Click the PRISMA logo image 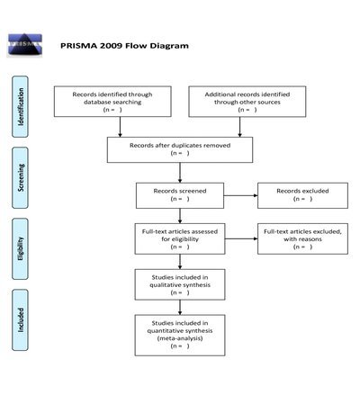25,45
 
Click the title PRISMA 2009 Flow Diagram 124,46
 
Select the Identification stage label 21,107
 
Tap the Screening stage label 21,178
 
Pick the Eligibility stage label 21,249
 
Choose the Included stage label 21,320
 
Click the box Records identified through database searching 112,102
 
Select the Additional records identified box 247,102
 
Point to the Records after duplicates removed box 180,149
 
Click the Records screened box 180,195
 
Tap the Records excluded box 302,195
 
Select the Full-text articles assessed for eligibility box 180,238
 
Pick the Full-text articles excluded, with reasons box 302,238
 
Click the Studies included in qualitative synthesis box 180,284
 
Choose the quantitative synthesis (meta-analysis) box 180,336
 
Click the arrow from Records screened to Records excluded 241,195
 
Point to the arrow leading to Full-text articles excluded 241,238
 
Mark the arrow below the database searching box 120,127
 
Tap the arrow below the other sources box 239,127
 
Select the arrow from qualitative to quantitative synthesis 180,308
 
